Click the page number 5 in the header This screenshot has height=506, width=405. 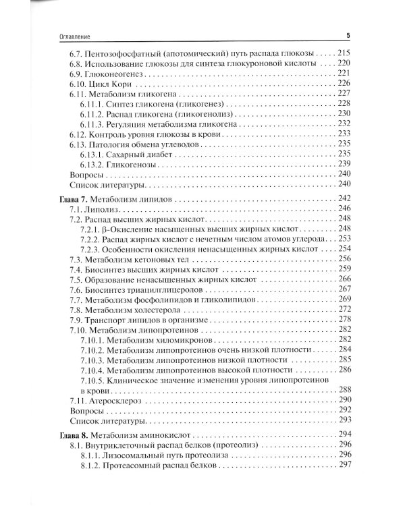click(346, 35)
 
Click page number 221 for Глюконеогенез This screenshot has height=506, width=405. click(344, 72)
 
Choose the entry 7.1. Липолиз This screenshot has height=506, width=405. click(94, 210)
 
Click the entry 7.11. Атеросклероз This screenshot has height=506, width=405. click(108, 401)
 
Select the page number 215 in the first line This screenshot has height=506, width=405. click(344, 53)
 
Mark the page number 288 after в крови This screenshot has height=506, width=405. click(344, 389)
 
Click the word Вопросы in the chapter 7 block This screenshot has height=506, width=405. click(85, 410)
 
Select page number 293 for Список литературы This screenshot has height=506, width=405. click(344, 420)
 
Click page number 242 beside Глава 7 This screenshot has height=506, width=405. click(344, 200)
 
